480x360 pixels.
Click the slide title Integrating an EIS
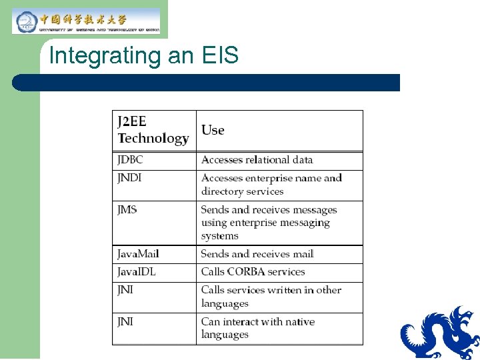pyautogui.click(x=143, y=55)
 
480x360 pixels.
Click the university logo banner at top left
pyautogui.click(x=86, y=21)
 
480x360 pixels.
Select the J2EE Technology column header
pyautogui.click(x=153, y=130)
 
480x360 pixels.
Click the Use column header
pyautogui.click(x=213, y=130)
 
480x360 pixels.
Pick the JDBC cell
pyautogui.click(x=130, y=160)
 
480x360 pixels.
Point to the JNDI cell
pyautogui.click(x=129, y=178)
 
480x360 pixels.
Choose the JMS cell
pyautogui.click(x=127, y=209)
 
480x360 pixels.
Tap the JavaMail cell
pyautogui.click(x=138, y=254)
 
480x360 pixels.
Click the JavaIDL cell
pyautogui.click(x=136, y=272)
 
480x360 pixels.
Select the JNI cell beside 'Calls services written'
pyautogui.click(x=125, y=290)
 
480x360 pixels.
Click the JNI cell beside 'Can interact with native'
pyautogui.click(x=125, y=321)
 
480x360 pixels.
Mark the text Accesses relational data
pyautogui.click(x=257, y=160)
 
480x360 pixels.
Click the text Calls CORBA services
pyautogui.click(x=253, y=272)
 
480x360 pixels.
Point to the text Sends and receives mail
pyautogui.click(x=257, y=254)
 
